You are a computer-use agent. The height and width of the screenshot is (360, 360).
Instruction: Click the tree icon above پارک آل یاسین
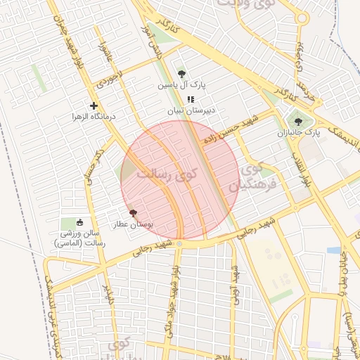182,73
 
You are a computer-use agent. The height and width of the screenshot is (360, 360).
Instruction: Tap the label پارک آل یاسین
182,85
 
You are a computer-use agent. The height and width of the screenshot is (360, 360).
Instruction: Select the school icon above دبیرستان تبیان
190,99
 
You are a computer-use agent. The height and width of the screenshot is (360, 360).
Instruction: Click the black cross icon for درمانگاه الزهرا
94,105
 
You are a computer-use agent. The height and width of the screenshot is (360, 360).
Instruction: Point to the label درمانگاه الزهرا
94,116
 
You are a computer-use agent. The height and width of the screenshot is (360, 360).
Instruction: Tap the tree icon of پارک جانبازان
299,120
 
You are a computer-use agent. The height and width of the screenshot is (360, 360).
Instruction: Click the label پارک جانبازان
299,131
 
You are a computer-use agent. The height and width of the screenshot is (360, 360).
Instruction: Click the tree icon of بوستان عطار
133,212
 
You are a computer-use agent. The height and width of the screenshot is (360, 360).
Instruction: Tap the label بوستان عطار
134,224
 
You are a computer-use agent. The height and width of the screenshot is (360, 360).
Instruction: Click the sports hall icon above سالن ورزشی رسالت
79,222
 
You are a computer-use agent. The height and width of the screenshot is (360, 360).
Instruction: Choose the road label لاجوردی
111,77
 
